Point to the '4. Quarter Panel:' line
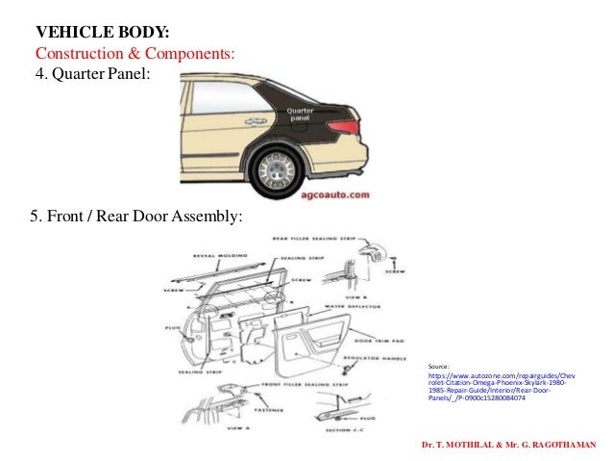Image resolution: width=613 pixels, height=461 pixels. point(92,73)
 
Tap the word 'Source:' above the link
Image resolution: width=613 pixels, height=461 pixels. point(439,368)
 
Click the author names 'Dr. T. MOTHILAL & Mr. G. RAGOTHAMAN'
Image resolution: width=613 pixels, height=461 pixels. point(509,445)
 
